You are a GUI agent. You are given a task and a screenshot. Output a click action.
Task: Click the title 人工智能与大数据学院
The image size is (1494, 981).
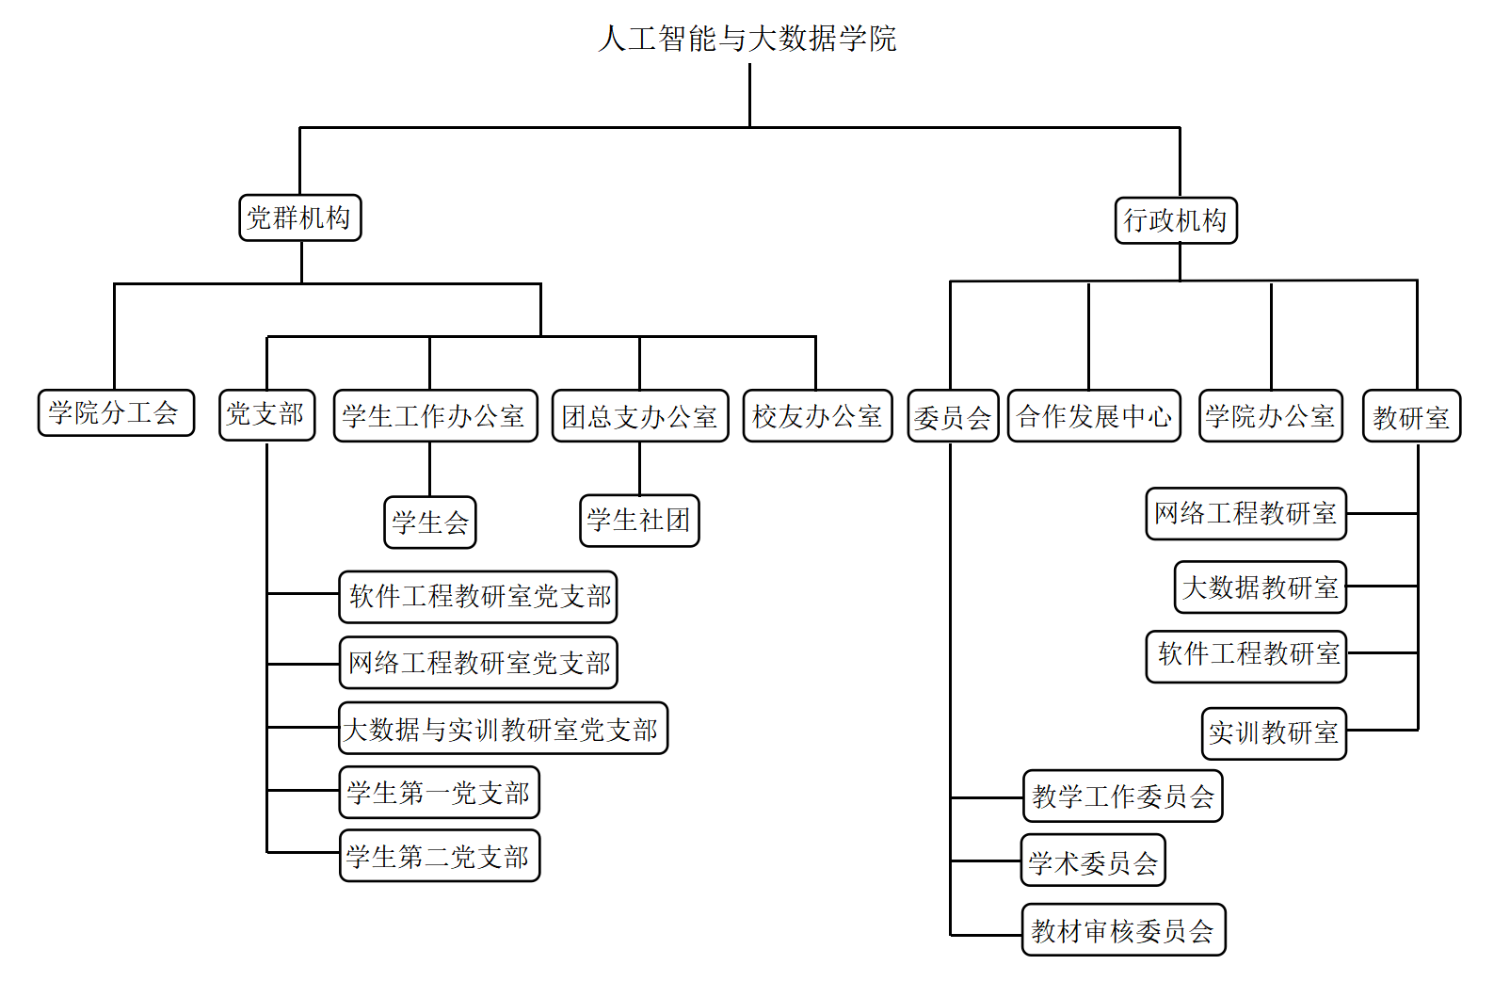(x=747, y=38)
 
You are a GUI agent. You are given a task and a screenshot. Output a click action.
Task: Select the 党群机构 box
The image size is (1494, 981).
(x=300, y=218)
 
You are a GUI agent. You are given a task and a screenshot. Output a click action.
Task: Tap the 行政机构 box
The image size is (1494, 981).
(x=1176, y=220)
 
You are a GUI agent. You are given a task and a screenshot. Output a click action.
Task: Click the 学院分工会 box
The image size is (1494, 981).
(x=116, y=412)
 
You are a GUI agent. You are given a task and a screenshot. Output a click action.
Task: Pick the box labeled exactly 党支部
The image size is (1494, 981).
(x=266, y=415)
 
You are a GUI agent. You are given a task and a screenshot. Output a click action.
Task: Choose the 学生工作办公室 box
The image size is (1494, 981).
(x=436, y=416)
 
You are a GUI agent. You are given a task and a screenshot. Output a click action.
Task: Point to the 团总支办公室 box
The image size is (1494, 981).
(x=640, y=416)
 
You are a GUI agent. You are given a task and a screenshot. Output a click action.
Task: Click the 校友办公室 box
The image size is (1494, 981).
(x=818, y=416)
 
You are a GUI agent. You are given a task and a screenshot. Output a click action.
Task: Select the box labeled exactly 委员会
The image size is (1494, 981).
(x=953, y=416)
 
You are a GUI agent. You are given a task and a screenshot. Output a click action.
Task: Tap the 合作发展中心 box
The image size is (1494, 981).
(x=1095, y=416)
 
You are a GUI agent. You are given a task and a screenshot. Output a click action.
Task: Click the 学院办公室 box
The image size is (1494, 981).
(x=1271, y=416)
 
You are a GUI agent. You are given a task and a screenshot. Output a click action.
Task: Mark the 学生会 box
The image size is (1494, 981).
(x=430, y=523)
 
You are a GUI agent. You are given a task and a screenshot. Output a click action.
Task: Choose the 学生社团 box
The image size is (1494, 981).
(x=639, y=521)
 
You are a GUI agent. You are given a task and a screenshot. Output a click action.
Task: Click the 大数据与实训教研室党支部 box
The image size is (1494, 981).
(x=503, y=729)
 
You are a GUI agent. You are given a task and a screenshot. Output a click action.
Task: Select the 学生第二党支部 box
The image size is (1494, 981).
(x=440, y=856)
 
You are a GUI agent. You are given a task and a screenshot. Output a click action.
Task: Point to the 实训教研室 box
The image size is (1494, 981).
(x=1274, y=733)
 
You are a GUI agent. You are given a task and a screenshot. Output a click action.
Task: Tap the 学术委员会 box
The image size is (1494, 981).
(x=1093, y=860)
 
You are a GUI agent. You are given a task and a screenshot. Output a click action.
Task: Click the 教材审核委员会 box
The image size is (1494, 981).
(x=1124, y=929)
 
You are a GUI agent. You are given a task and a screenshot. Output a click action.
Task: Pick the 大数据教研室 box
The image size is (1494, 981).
(x=1261, y=587)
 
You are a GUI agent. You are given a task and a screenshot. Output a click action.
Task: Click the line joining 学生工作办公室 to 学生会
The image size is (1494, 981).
(x=429, y=470)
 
